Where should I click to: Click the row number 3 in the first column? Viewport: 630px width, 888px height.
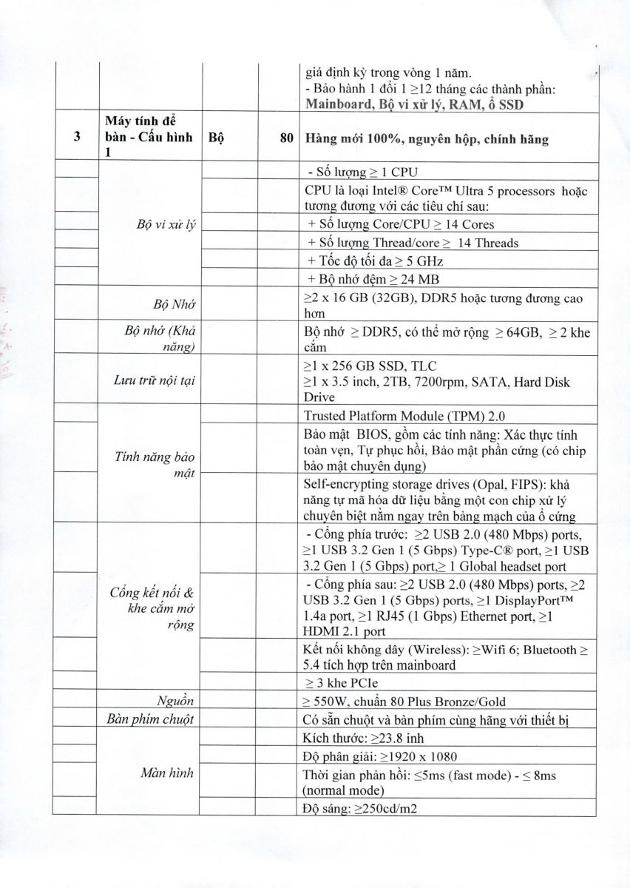point(77,138)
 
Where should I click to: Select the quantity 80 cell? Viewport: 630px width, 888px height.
point(288,138)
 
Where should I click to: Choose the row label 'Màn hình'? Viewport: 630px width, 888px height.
point(167,773)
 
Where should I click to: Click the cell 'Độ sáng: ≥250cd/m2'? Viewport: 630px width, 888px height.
point(361,808)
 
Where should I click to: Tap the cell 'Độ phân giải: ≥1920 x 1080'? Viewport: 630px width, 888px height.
point(380,756)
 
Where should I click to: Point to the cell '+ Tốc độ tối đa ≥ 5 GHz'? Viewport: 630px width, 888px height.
point(375,261)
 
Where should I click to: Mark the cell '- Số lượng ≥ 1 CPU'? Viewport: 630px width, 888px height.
point(353,172)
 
